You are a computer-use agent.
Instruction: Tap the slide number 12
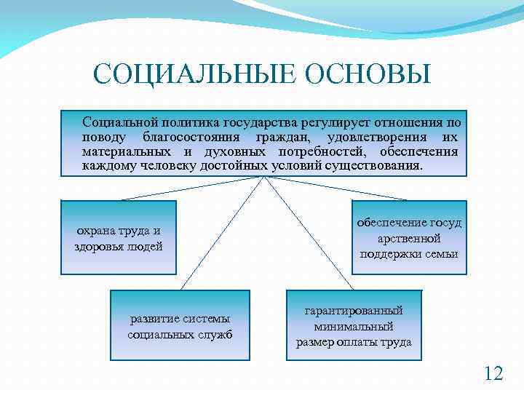(493, 373)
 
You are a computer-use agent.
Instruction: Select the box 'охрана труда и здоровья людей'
(119, 237)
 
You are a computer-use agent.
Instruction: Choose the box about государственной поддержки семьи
(409, 237)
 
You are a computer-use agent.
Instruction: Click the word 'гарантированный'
(354, 311)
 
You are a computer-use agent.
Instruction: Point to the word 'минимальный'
(354, 326)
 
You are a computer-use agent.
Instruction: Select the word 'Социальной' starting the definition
(116, 122)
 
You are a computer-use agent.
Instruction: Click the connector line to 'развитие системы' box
(221, 233)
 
